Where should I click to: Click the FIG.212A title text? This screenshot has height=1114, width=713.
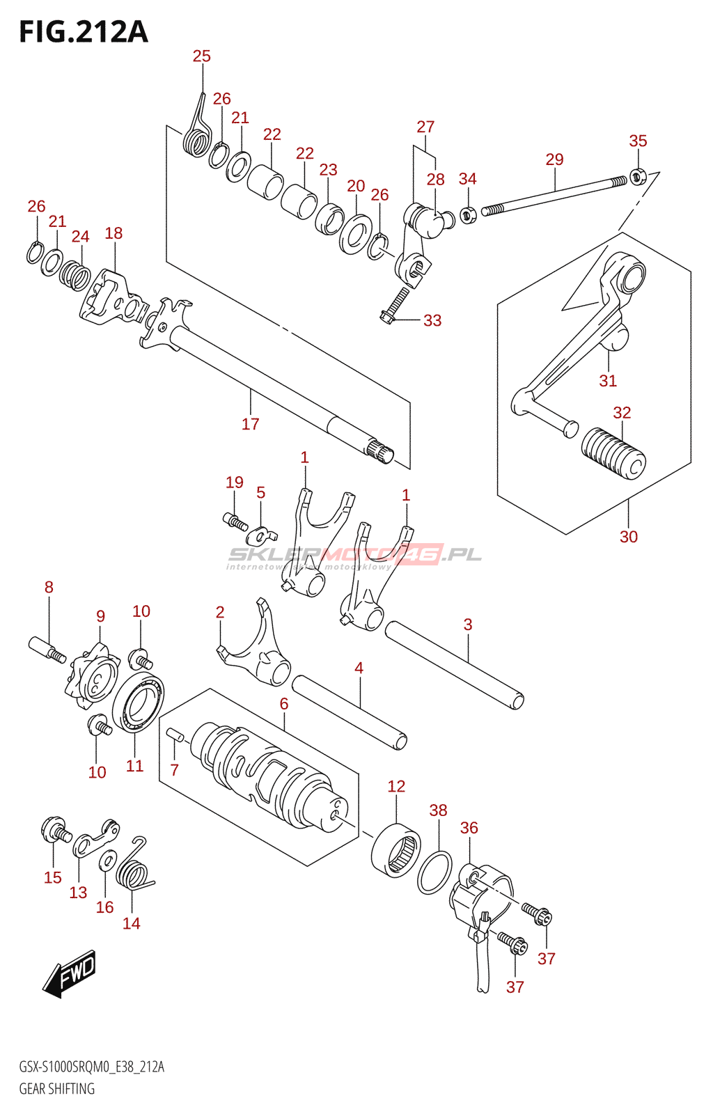pyautogui.click(x=84, y=32)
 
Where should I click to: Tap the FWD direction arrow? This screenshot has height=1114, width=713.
pyautogui.click(x=70, y=973)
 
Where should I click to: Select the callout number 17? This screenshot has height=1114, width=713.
pyautogui.click(x=250, y=424)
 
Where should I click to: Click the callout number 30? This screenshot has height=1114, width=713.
pyautogui.click(x=628, y=537)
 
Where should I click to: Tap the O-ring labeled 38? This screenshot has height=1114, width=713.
pyautogui.click(x=434, y=872)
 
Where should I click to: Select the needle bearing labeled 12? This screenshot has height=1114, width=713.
pyautogui.click(x=396, y=849)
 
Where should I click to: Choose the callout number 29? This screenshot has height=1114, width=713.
pyautogui.click(x=554, y=159)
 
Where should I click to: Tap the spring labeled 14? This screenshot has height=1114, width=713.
pyautogui.click(x=136, y=870)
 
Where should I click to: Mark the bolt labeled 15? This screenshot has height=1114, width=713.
pyautogui.click(x=56, y=829)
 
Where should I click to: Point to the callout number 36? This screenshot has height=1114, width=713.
pyautogui.click(x=469, y=828)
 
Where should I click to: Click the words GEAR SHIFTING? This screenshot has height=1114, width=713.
pyautogui.click(x=56, y=1089)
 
